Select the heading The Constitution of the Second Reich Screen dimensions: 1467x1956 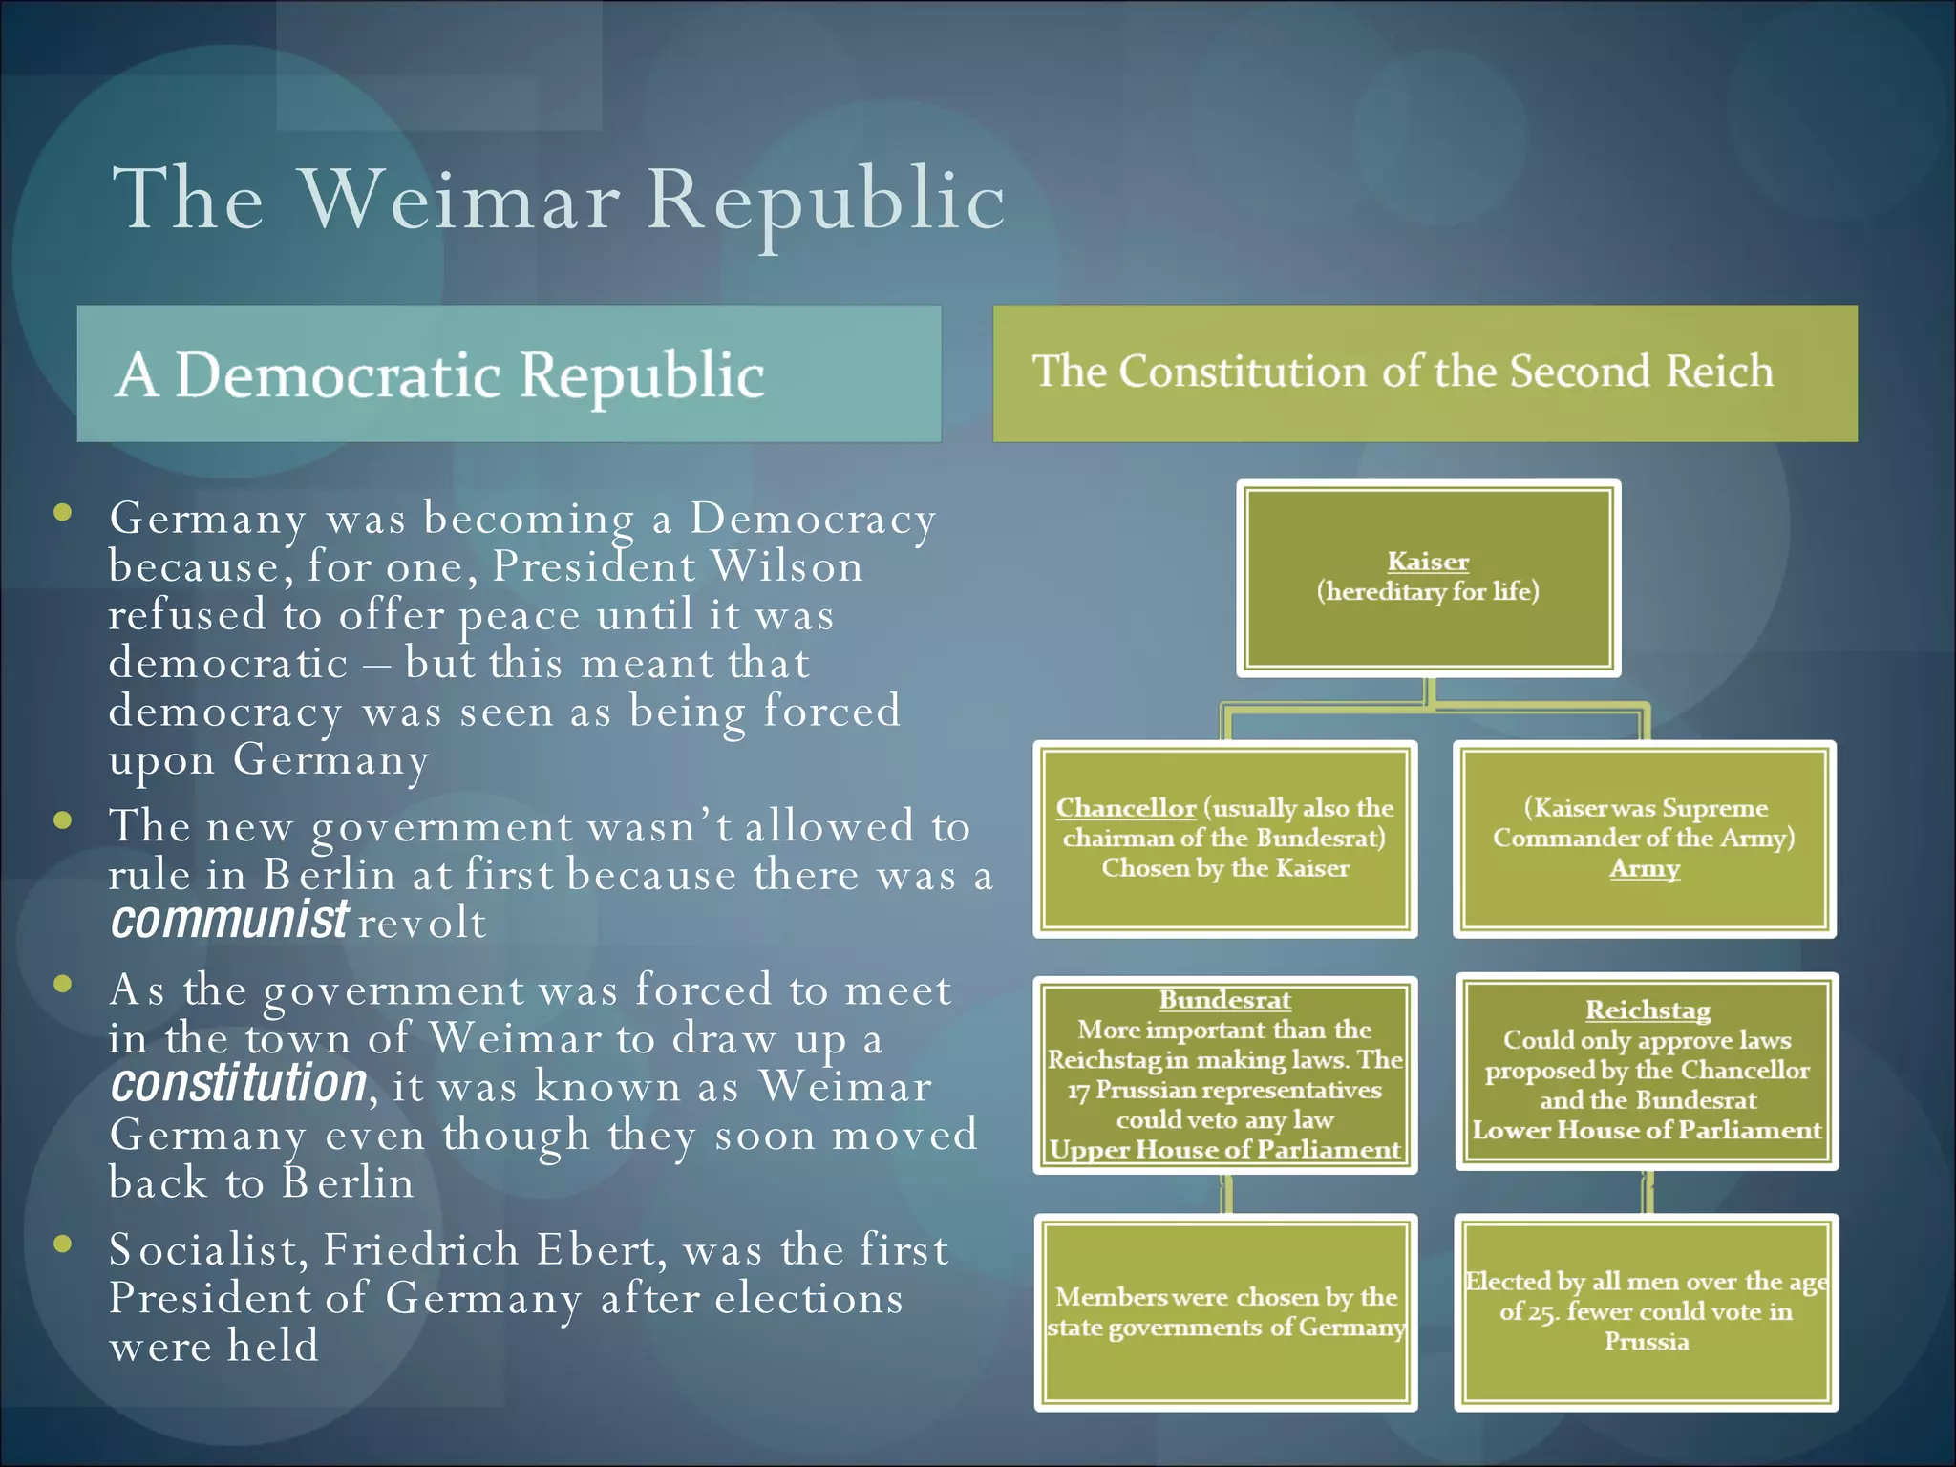point(1403,372)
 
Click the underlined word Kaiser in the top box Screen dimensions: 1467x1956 point(1427,562)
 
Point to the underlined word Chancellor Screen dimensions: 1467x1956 point(1125,808)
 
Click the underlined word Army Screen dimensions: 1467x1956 point(1644,868)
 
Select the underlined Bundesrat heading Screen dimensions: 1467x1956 point(1224,1000)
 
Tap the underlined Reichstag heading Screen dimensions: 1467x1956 point(1648,1010)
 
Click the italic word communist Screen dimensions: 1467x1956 point(229,921)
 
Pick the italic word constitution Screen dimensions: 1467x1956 point(238,1084)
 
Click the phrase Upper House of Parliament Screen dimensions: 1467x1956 point(1224,1150)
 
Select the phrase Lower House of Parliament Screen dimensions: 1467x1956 point(1647,1130)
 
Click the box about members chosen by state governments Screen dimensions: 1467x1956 point(1225,1312)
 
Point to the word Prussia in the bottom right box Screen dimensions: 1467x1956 point(1646,1342)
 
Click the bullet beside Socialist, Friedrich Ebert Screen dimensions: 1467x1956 point(64,1243)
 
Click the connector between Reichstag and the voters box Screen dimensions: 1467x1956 point(1648,1192)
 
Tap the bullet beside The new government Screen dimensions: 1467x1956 point(64,819)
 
